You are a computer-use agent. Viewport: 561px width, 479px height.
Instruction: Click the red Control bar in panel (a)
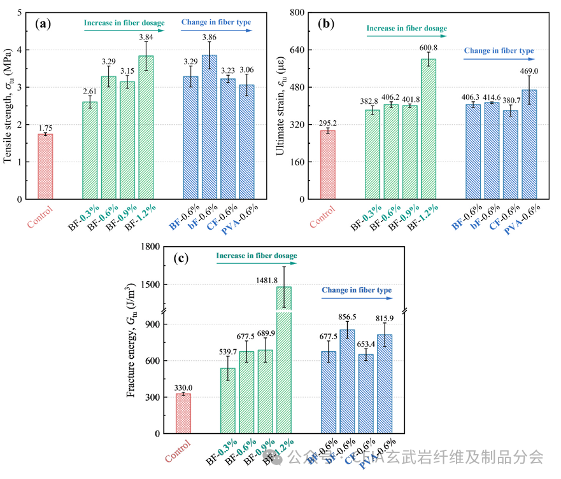pos(45,167)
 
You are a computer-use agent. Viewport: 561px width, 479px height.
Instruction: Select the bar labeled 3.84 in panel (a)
pos(146,127)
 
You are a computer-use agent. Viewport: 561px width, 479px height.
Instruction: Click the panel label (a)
pos(43,24)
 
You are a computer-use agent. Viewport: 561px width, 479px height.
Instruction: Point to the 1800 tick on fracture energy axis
pos(148,246)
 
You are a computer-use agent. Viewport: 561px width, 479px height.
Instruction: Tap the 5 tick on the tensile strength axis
pos(19,13)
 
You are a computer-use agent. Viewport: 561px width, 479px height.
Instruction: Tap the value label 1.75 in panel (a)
pos(45,128)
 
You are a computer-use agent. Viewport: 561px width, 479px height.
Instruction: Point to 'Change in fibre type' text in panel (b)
pos(499,51)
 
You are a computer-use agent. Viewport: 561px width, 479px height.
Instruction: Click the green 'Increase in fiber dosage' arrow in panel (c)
pos(256,263)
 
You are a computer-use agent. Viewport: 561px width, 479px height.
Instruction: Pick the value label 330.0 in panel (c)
pos(183,387)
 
